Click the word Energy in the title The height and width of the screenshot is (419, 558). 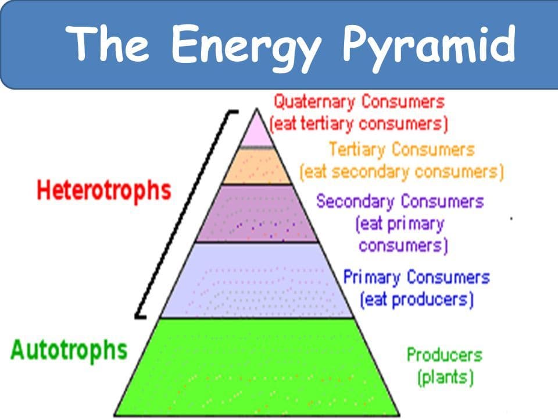[x=246, y=47]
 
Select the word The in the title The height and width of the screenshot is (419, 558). [x=107, y=43]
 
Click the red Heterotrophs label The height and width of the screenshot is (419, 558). [x=104, y=191]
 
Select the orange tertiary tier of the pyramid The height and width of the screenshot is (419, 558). [x=257, y=166]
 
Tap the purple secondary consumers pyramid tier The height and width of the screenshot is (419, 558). [x=257, y=214]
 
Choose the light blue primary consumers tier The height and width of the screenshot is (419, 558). [x=257, y=280]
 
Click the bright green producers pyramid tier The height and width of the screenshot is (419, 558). [x=257, y=367]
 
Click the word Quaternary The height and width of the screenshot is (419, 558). [x=314, y=102]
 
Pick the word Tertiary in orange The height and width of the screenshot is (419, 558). [x=357, y=150]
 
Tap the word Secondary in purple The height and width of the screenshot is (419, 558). [x=355, y=202]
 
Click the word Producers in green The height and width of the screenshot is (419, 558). [x=445, y=355]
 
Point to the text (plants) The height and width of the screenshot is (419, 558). [x=446, y=377]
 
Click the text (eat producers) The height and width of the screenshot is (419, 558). [x=416, y=300]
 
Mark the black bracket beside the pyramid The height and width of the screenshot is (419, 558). [x=185, y=214]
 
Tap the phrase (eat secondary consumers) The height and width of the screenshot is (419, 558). [x=402, y=172]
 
